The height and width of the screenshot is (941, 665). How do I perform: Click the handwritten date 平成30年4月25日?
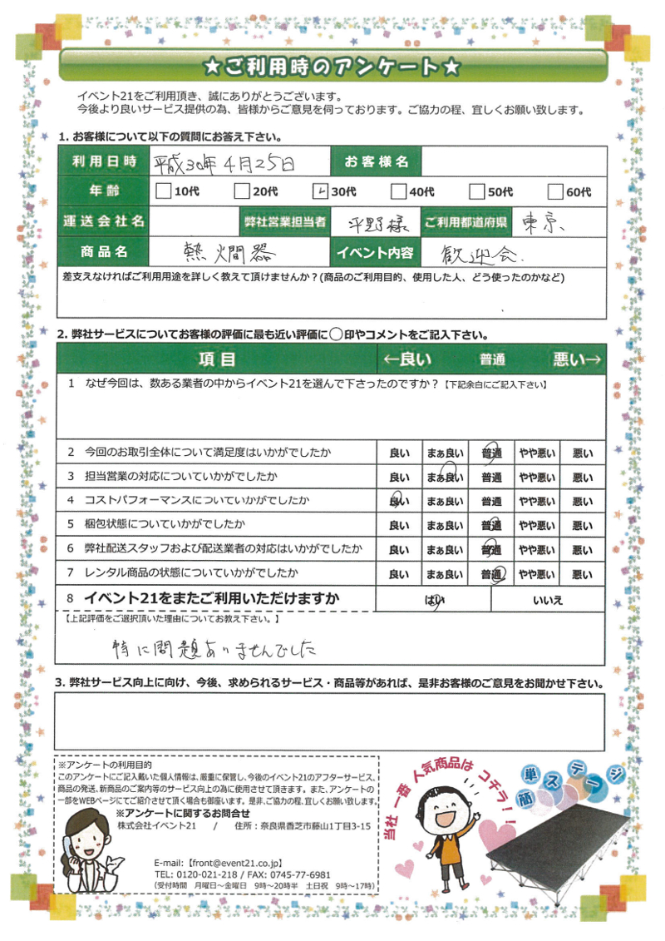[224, 163]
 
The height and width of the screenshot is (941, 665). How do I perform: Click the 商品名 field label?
[103, 250]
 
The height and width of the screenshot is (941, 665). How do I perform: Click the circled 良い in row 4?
[399, 502]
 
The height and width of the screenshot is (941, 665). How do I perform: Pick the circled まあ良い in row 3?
[445, 478]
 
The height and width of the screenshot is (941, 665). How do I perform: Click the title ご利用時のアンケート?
[332, 65]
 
